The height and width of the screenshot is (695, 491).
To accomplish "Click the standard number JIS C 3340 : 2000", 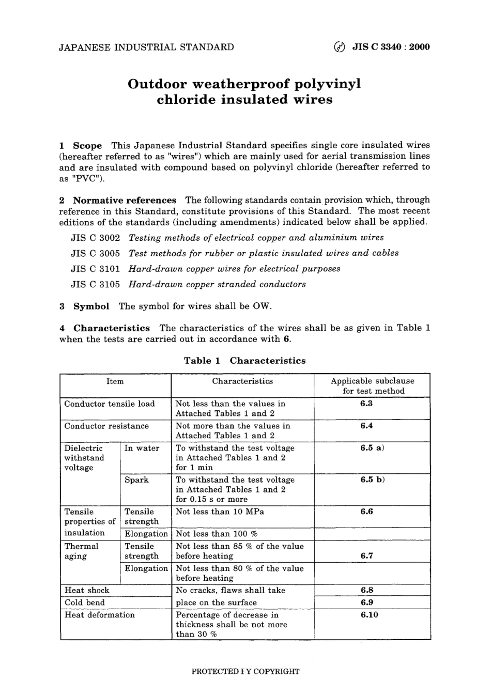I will point(390,48).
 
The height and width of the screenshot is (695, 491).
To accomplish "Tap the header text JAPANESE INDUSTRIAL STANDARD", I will point(146,48).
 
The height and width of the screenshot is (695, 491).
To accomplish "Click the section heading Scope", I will point(87,146).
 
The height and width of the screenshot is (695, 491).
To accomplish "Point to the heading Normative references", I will point(125,200).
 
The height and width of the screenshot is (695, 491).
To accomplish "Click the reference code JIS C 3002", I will point(95,238).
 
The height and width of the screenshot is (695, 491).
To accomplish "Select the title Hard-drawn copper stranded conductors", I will point(217,284).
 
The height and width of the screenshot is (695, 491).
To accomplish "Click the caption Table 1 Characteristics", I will point(244,361).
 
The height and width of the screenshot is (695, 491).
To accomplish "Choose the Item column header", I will point(115,381).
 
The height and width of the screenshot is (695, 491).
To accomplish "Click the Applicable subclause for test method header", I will point(373,386).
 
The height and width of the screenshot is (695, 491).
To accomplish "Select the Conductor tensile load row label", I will point(110,404).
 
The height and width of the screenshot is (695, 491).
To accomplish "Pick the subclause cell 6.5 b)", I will point(372,480).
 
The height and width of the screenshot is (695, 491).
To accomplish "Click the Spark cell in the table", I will point(136,480).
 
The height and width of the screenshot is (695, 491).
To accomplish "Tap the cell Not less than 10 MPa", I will point(220,512).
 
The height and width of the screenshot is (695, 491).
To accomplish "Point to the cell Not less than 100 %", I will point(217,534).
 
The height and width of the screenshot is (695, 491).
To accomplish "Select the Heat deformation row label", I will point(99,615).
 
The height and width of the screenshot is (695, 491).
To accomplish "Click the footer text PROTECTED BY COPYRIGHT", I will point(245,671).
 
